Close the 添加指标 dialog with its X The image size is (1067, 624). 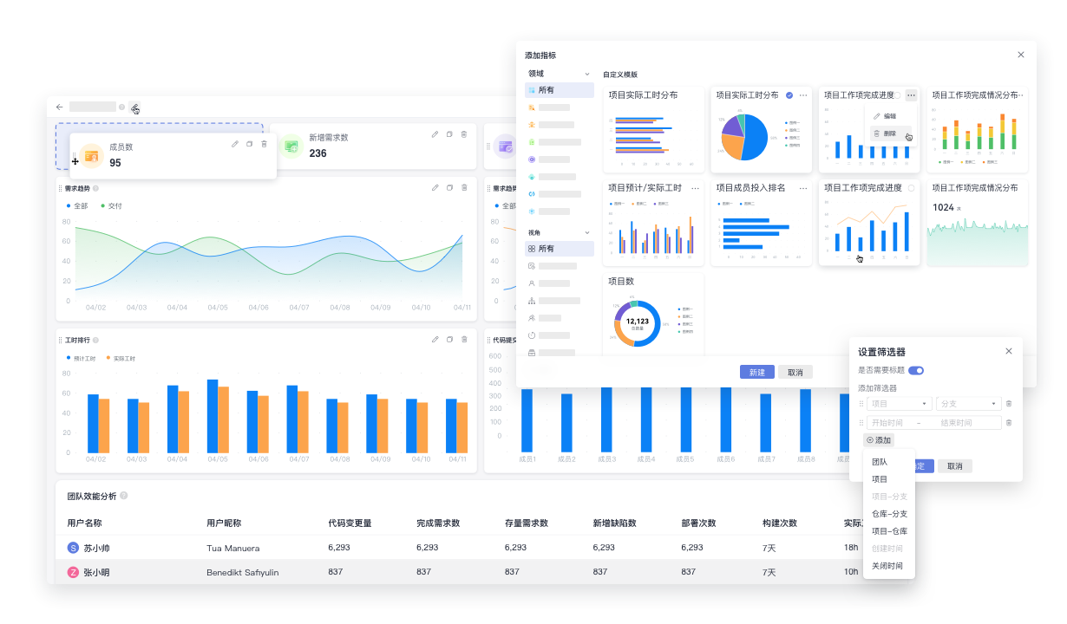click(1020, 55)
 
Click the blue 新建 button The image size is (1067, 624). click(756, 372)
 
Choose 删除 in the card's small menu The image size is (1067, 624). click(890, 133)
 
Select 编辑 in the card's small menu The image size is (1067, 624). click(890, 116)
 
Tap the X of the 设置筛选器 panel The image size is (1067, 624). click(1008, 351)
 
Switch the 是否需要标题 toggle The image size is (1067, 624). click(915, 370)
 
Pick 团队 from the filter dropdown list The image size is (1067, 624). click(880, 462)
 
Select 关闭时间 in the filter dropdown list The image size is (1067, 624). click(887, 566)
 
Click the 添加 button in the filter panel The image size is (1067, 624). click(880, 440)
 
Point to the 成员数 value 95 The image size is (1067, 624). click(115, 163)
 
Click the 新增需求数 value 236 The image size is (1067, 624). click(317, 153)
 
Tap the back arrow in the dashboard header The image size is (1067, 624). click(59, 107)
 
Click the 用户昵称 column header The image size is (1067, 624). click(224, 523)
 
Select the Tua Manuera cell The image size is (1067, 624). click(232, 549)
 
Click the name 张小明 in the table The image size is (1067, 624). click(96, 572)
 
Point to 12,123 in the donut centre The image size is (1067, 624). click(638, 322)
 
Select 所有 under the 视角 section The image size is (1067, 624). click(546, 249)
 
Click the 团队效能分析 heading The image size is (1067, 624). click(91, 497)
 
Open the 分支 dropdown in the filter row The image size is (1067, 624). click(968, 404)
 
